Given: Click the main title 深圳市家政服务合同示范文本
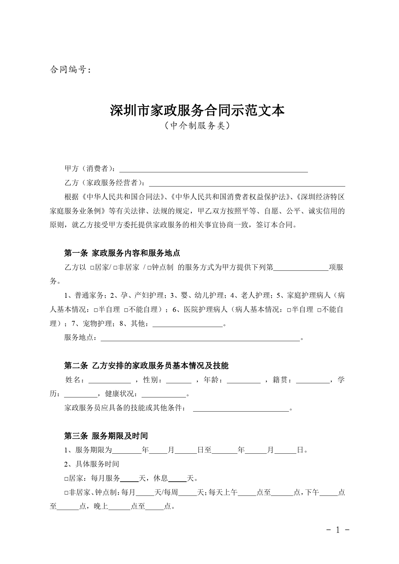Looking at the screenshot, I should coord(197,111).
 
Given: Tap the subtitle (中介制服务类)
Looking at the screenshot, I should coord(197,126).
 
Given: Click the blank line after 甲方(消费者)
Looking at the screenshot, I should coord(213,169).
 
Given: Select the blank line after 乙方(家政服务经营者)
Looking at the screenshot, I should coord(246,183).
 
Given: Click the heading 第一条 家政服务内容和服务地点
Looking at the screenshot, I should coord(122,253).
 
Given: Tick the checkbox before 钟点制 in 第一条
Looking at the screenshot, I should coord(149,268).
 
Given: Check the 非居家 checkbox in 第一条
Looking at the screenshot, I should coord(115,268).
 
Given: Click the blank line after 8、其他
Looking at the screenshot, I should coord(187,324).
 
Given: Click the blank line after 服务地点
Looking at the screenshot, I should coord(200,338).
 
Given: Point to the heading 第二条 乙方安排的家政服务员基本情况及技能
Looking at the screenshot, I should coord(146,366).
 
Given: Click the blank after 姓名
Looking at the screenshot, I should coord(109,380).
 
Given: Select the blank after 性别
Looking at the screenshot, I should coord(179,380).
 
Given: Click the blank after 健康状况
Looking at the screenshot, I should coord(164,395).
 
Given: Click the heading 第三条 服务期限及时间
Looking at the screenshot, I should coord(106,436).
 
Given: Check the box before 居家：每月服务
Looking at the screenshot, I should coord(66,479).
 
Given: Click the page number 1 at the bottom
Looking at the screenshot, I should coord(338,530).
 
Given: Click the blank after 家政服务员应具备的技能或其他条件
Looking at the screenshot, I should coord(241,409).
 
